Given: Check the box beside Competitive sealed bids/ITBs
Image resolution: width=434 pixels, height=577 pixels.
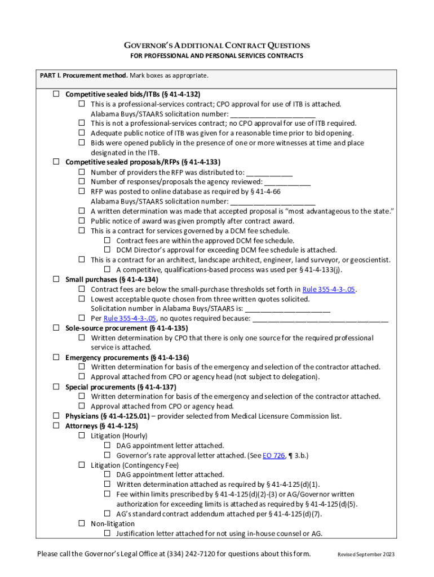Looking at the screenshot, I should [56, 94].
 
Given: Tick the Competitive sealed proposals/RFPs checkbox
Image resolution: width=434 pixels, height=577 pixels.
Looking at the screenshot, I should [56, 162].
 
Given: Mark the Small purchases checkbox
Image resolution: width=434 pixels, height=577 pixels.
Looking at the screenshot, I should [56, 279].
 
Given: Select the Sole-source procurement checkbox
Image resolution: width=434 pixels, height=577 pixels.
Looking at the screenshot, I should [56, 328].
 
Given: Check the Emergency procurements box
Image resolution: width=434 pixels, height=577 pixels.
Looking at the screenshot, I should [56, 357].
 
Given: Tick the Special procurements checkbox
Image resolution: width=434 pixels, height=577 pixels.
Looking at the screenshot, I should [56, 387].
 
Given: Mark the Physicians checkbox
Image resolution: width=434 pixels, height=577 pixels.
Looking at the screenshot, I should [56, 416].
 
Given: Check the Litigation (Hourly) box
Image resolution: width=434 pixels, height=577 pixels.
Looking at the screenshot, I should [82, 436].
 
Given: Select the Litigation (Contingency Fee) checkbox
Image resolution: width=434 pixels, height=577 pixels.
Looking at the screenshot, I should [82, 465].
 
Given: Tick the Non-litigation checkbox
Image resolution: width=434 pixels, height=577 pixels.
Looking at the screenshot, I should [82, 523].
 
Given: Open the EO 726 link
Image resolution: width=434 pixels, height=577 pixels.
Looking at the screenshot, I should [273, 455].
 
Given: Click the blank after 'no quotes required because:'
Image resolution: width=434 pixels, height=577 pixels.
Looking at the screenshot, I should [320, 318].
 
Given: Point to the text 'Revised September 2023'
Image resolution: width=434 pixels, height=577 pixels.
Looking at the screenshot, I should [366, 554].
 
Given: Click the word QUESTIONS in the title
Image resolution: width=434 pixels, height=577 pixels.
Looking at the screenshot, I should [281, 45].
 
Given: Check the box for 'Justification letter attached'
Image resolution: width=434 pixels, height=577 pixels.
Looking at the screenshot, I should [107, 533].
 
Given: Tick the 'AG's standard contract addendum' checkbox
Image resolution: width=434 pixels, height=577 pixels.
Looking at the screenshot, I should [107, 513].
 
